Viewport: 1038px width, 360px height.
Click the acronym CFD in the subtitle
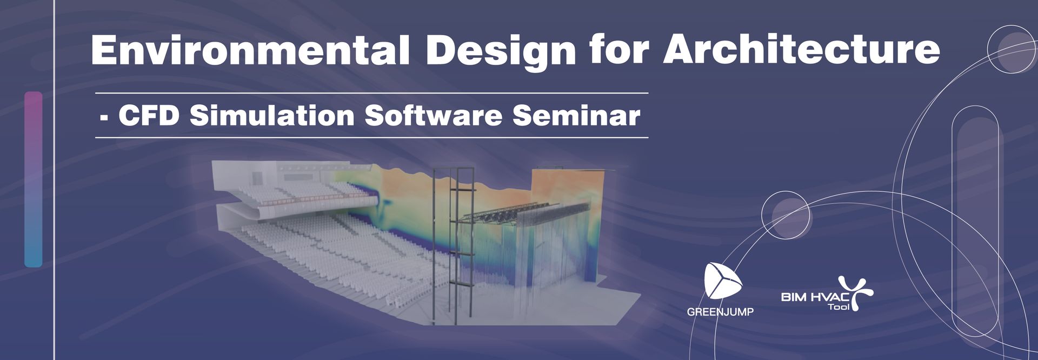(149, 116)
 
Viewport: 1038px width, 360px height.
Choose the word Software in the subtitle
(434, 115)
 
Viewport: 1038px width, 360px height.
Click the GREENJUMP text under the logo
(720, 312)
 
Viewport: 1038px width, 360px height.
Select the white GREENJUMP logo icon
(722, 281)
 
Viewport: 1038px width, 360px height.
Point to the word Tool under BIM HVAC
(839, 307)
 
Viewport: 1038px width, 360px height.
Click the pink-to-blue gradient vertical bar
(33, 179)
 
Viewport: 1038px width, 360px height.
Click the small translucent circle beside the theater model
(787, 216)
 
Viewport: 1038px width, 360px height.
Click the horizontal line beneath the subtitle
(371, 138)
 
